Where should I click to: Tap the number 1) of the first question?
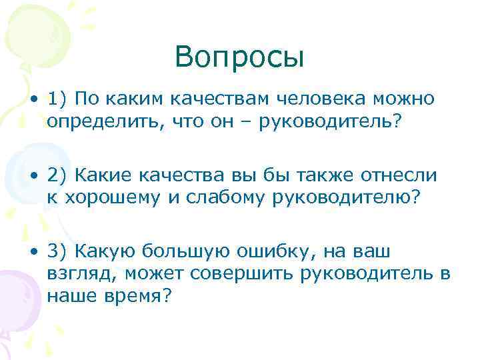pyautogui.click(x=57, y=100)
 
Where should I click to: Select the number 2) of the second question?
pyautogui.click(x=57, y=175)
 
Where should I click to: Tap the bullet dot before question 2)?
pyautogui.click(x=33, y=176)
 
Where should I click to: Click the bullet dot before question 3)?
pyautogui.click(x=33, y=251)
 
